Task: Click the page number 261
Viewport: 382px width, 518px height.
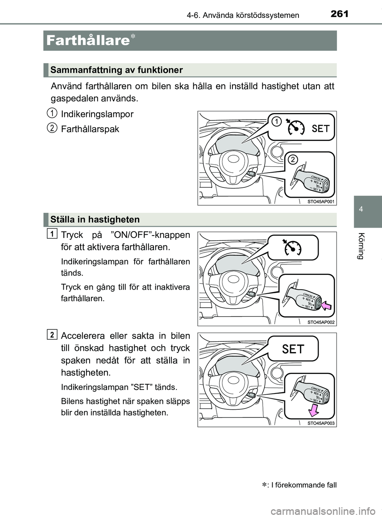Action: pyautogui.click(x=339, y=14)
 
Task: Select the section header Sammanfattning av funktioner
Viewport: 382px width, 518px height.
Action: pyautogui.click(x=117, y=70)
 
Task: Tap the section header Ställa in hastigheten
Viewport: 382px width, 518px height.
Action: pyautogui.click(x=95, y=220)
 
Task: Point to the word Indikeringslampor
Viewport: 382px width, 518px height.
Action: pyautogui.click(x=97, y=114)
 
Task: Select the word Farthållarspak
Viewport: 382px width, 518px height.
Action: pyautogui.click(x=90, y=129)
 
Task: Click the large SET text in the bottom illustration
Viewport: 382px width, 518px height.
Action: pyautogui.click(x=293, y=349)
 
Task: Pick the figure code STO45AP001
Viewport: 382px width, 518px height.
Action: pyautogui.click(x=321, y=202)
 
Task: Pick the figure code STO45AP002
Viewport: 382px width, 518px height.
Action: pyautogui.click(x=321, y=322)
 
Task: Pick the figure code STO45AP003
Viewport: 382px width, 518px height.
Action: pyautogui.click(x=321, y=423)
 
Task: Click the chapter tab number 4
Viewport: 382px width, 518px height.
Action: pyautogui.click(x=361, y=209)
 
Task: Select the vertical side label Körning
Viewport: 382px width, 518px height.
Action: pyautogui.click(x=361, y=246)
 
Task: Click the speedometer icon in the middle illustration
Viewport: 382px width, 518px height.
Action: pyautogui.click(x=293, y=247)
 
